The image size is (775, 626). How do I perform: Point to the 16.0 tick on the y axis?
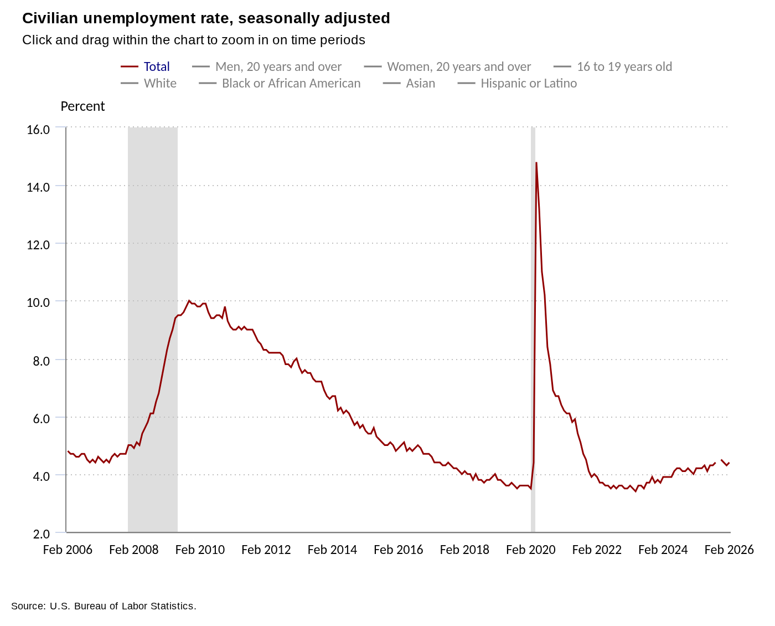tap(38, 130)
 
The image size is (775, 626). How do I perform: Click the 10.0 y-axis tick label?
tap(38, 302)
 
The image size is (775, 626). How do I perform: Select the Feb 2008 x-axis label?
tap(134, 550)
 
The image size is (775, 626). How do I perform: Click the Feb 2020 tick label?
tap(531, 550)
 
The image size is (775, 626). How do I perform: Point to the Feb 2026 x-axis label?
tap(729, 550)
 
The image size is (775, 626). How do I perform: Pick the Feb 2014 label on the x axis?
tap(332, 550)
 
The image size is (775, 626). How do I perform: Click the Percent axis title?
tap(82, 106)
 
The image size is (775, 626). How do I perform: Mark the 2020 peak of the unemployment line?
tap(536, 163)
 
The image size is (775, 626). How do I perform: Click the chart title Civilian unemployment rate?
tap(206, 18)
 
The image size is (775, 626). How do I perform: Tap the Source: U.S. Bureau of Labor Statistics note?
tap(104, 606)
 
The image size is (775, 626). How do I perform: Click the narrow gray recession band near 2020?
tap(533, 332)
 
